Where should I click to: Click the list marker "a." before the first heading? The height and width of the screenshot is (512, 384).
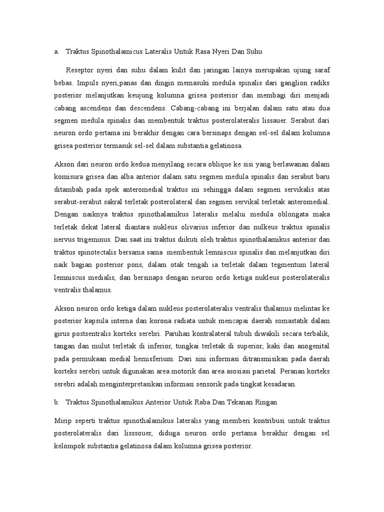56,51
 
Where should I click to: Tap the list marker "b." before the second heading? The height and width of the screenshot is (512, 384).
56,402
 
